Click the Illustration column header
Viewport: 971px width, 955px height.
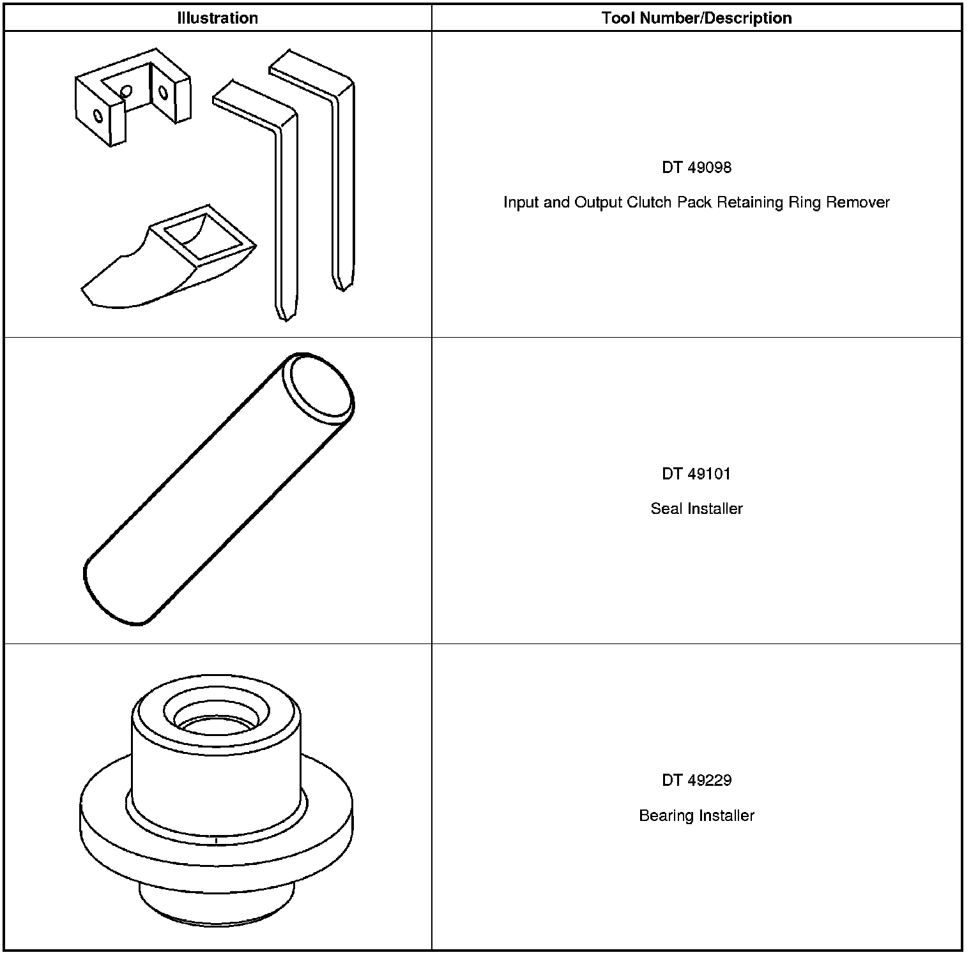217,18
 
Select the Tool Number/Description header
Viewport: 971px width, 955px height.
696,18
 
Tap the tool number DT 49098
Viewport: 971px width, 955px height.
696,168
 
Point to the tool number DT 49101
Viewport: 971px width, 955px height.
696,474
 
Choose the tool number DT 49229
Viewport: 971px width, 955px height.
696,780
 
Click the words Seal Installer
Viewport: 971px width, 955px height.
696,509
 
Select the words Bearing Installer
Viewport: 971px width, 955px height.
696,816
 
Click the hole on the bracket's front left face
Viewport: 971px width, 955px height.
98,116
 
